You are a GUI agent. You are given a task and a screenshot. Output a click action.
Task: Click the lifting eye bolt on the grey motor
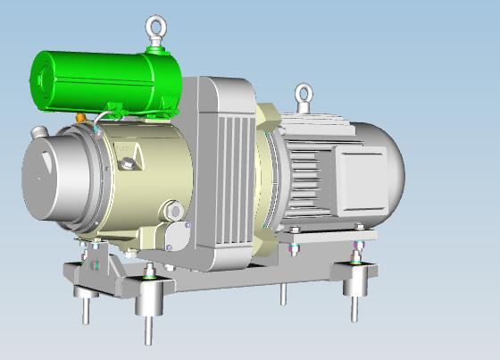coord(304,95)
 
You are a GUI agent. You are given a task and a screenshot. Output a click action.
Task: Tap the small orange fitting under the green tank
coord(81,116)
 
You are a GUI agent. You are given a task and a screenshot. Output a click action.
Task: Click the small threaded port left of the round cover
coord(37,133)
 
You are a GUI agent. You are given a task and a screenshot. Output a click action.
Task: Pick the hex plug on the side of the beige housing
coord(129,163)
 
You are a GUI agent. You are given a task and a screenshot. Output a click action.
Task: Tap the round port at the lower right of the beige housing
coord(173,211)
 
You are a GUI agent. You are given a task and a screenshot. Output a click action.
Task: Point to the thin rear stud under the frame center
coord(283,293)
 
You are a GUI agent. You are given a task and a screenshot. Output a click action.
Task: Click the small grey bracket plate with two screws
coord(179,238)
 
